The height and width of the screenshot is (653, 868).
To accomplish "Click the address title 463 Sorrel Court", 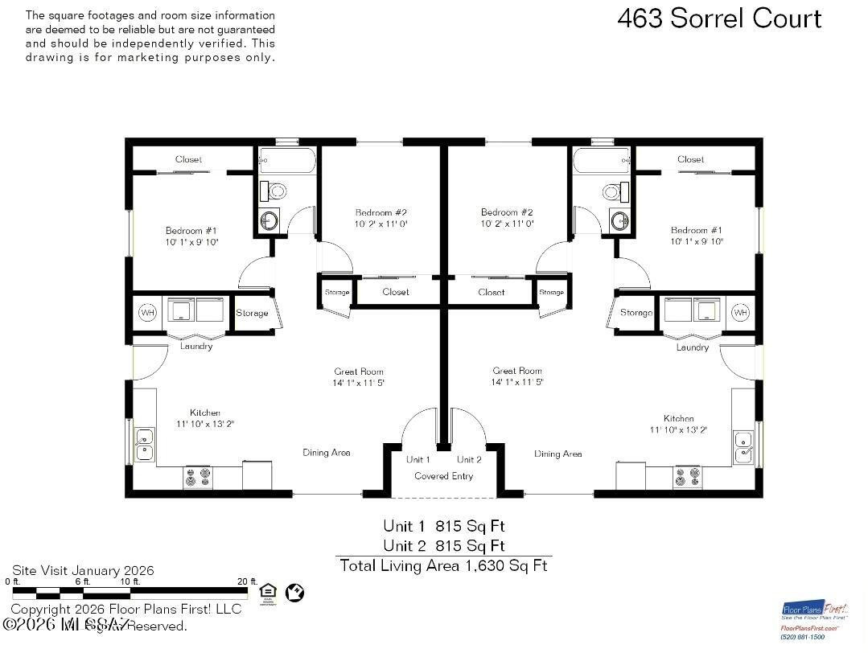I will (x=719, y=18).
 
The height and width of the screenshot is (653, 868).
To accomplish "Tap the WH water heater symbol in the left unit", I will (x=148, y=312).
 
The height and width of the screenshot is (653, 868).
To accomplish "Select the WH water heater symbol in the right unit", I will (x=739, y=312).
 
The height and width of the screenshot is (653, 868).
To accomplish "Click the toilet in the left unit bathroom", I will (x=276, y=191).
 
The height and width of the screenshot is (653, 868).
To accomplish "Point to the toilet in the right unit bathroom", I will (x=613, y=191).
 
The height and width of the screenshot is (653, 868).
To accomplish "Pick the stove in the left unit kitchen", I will (x=196, y=478).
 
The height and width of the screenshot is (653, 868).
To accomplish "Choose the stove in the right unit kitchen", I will (x=688, y=478).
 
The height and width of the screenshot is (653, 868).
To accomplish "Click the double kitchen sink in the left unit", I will (x=145, y=445).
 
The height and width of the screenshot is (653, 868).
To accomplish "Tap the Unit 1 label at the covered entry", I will (x=418, y=460).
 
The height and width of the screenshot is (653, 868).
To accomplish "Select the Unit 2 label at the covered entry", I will (x=469, y=460).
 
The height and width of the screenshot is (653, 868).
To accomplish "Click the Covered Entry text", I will (x=443, y=476).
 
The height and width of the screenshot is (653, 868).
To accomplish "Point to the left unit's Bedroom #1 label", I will (x=191, y=230).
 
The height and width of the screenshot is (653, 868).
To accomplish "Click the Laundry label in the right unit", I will (x=693, y=347).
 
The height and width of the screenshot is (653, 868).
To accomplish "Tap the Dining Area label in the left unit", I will (x=326, y=453).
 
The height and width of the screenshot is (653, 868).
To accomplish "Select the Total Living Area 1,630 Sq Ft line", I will (x=443, y=565).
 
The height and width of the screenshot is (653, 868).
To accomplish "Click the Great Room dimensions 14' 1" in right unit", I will (x=517, y=383).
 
